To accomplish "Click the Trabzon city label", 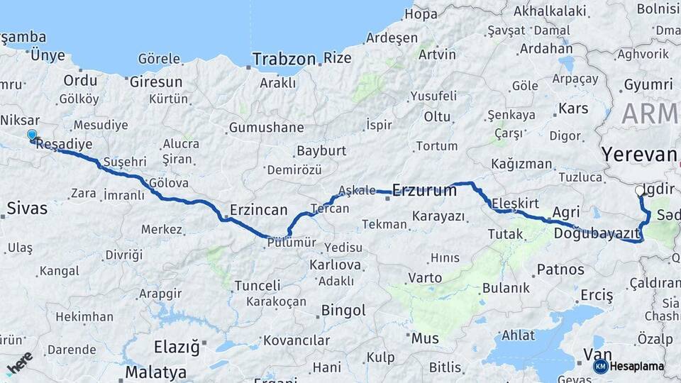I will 284,59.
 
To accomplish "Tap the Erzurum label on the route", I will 424,190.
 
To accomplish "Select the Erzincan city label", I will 258,210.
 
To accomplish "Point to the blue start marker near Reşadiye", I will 32,135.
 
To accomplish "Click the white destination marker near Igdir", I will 640,191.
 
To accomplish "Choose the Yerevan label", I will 638,155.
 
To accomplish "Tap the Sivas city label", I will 27,209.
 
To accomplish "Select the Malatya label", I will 156,372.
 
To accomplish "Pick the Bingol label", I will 343,310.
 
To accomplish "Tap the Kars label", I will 573,109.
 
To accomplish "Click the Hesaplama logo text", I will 636,366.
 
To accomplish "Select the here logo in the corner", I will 19,362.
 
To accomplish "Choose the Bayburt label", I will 321,151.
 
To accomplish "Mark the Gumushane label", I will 266,128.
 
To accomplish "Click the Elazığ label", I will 177,348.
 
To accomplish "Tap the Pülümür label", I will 292,243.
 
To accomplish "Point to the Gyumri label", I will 648,85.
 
